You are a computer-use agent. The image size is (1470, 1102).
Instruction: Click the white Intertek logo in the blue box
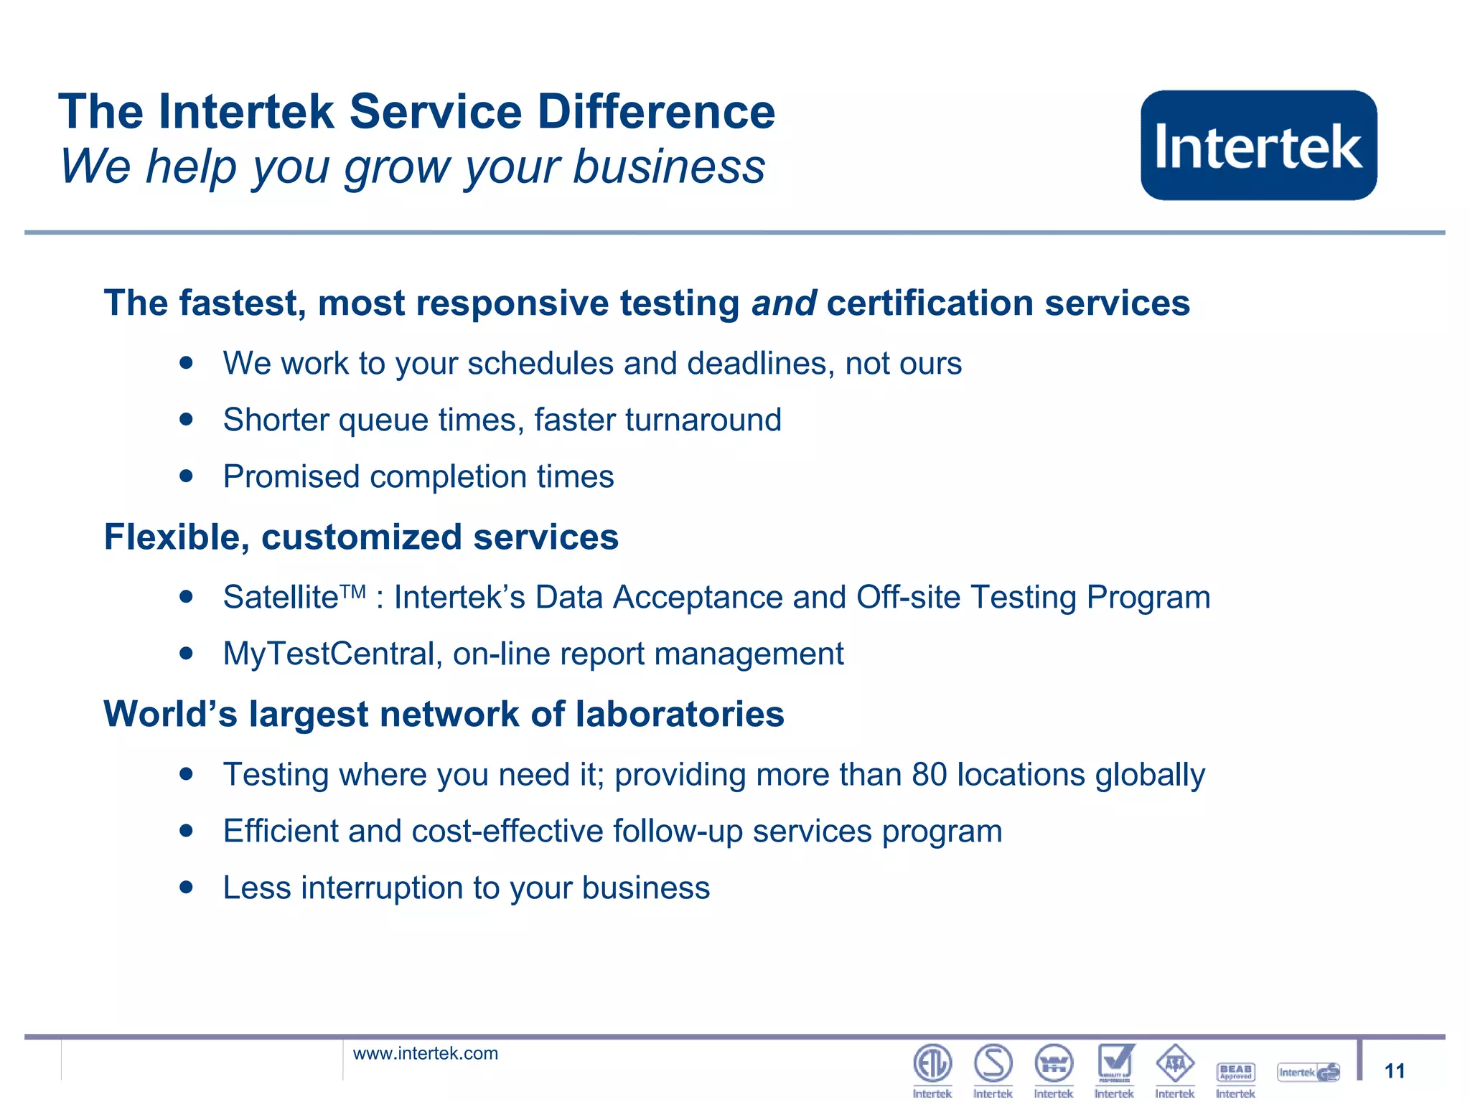[1258, 146]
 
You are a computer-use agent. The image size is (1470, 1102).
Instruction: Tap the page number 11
[1394, 1071]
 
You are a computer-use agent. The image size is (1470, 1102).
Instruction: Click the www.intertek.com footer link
[425, 1053]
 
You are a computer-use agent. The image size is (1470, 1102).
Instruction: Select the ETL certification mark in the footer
[932, 1063]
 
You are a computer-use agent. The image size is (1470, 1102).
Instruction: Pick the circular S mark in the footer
[993, 1063]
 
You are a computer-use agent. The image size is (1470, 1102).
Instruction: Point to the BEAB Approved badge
[1235, 1072]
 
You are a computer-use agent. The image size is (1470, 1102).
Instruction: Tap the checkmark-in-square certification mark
[1115, 1063]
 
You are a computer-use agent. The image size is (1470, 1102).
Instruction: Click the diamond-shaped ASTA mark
[1175, 1063]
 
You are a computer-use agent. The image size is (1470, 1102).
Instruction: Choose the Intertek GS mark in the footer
[1309, 1073]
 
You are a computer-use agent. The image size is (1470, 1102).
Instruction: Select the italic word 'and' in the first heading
[783, 303]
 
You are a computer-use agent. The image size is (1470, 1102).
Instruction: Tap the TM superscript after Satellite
[352, 591]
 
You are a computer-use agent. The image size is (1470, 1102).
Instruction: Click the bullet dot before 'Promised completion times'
[187, 476]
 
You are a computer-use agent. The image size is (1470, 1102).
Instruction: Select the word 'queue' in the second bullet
[383, 420]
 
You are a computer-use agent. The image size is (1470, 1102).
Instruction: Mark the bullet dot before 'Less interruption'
[187, 887]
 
